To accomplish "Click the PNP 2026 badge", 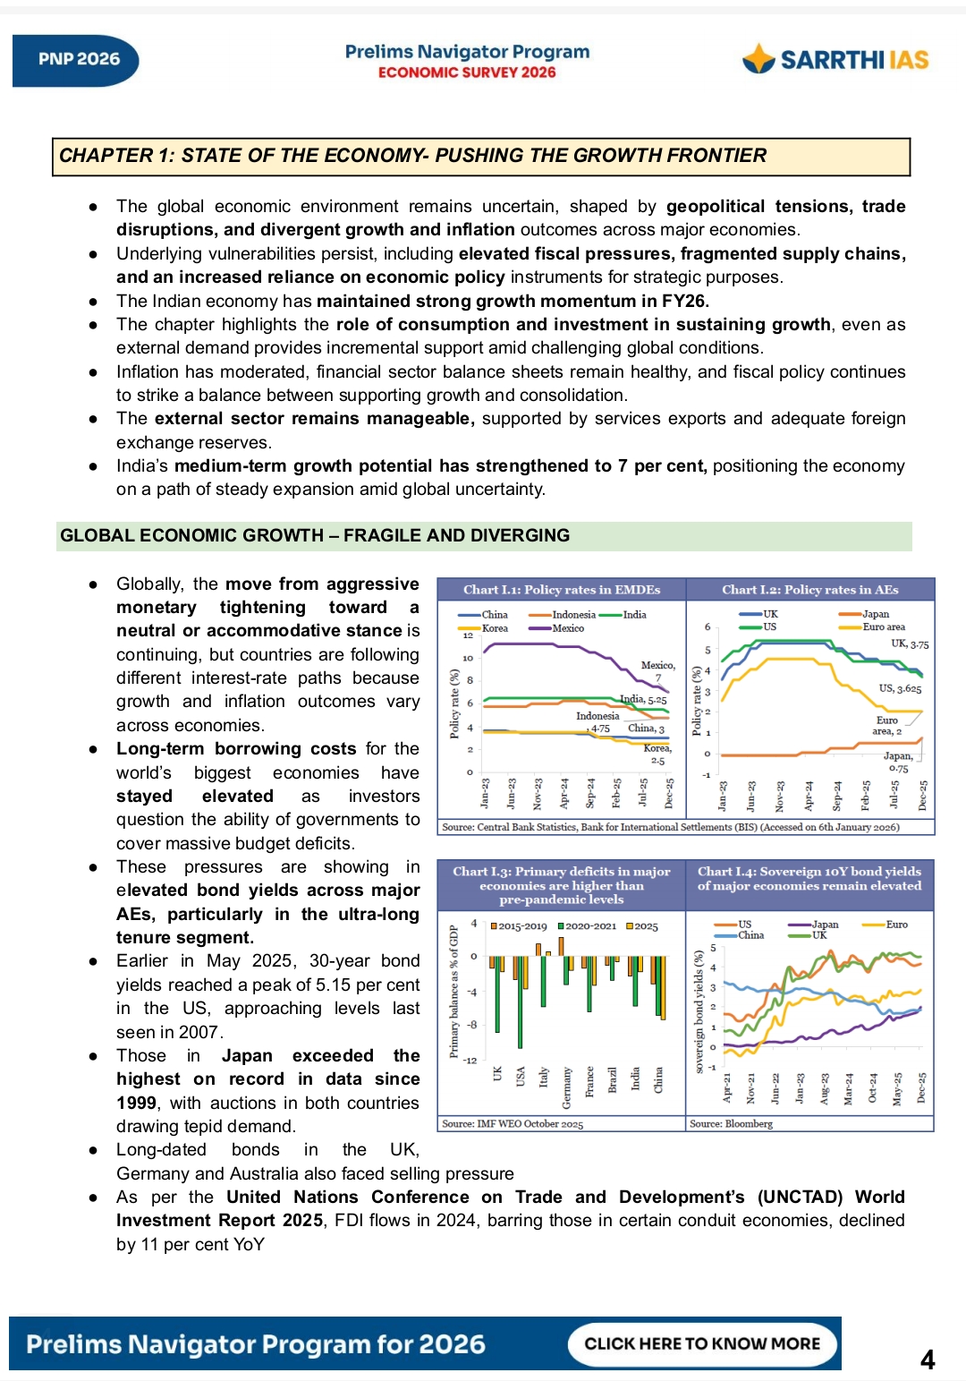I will coord(78,60).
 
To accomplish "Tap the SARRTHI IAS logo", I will coord(835,60).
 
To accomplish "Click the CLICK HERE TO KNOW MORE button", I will coord(702,1343).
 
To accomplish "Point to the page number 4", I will coord(928,1360).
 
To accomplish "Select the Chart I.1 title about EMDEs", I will coord(561,590).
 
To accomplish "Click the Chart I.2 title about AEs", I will coord(809,590).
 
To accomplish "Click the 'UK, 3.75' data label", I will coord(909,644).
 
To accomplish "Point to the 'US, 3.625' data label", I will coord(899,688).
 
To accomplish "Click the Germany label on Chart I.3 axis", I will coord(567,1087).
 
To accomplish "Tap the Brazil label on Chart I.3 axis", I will coord(613,1079).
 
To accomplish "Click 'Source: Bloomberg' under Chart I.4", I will coord(731,1123).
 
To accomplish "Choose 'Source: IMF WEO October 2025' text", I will coord(513,1123).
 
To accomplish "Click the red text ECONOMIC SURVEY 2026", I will coord(467,72).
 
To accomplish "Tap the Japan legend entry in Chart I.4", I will coord(824,925).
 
